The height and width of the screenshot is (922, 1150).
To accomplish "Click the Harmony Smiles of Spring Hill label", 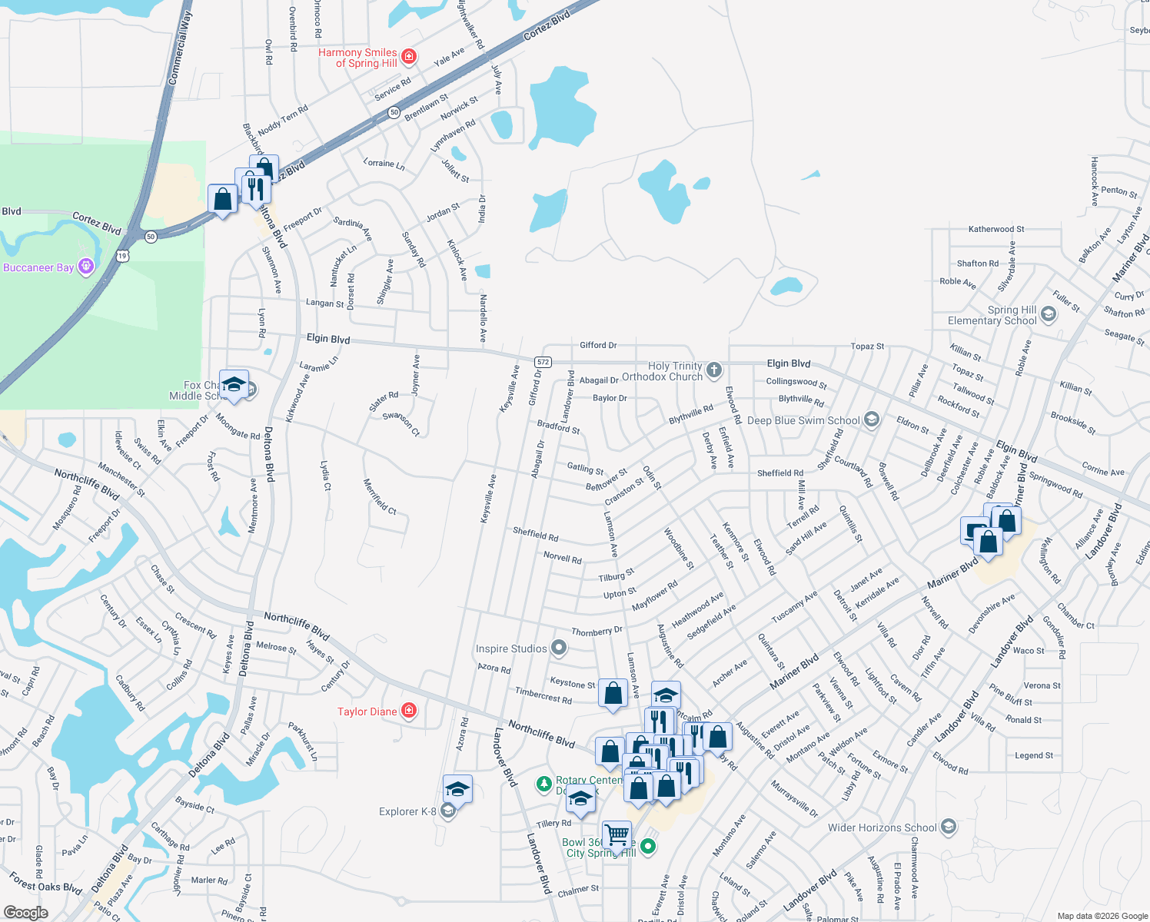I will tap(358, 58).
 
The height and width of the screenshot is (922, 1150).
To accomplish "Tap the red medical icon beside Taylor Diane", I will tap(409, 711).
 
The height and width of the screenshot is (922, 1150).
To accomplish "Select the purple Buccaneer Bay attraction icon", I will tap(86, 267).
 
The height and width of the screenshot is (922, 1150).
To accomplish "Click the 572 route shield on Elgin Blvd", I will tap(543, 362).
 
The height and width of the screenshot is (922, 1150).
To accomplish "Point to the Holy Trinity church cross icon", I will tap(714, 370).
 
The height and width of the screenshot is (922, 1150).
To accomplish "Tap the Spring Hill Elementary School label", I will tap(992, 315).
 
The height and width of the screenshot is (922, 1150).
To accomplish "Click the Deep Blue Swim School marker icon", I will tap(871, 420).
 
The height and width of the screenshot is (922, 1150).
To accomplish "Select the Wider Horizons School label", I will tap(882, 827).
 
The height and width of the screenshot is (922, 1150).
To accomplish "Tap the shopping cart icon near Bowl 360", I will tap(617, 834).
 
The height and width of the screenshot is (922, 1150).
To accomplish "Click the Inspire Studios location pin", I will tap(559, 648).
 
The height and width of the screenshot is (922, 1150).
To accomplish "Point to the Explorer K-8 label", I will tap(407, 811).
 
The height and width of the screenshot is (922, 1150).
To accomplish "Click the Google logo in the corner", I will tap(26, 913).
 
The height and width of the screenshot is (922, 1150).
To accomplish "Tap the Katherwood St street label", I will tap(996, 229).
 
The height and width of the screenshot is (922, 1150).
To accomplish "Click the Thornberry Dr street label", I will tap(597, 631).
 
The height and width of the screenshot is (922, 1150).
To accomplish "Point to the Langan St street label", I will tap(324, 303).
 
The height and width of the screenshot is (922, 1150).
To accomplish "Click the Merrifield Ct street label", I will tap(380, 496).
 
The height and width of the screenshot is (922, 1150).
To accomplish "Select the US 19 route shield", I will tap(123, 255).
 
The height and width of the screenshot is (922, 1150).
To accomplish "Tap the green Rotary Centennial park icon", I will tap(544, 781).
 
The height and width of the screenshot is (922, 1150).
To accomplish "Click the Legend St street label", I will tap(1034, 755).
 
